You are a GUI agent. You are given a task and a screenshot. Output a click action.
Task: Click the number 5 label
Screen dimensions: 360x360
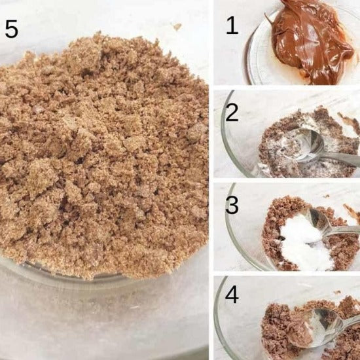point(12,29)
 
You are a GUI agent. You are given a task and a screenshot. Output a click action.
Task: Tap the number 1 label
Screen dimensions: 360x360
point(232,26)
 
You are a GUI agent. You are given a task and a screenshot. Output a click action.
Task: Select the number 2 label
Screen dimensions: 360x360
point(232,113)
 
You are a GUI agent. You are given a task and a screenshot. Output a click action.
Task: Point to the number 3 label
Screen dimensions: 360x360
point(232,205)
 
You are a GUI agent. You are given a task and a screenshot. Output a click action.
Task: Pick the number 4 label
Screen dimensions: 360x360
point(232,295)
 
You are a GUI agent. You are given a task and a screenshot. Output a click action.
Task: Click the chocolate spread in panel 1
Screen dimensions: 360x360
point(310,41)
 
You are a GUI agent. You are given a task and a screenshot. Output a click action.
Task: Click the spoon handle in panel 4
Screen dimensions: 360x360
point(351,320)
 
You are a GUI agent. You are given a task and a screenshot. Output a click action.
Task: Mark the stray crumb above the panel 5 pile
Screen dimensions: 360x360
point(177,27)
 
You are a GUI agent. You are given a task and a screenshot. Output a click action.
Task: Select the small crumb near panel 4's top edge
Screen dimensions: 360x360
point(337,293)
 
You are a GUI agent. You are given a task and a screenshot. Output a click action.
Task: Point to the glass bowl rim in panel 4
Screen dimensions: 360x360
point(217,321)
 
